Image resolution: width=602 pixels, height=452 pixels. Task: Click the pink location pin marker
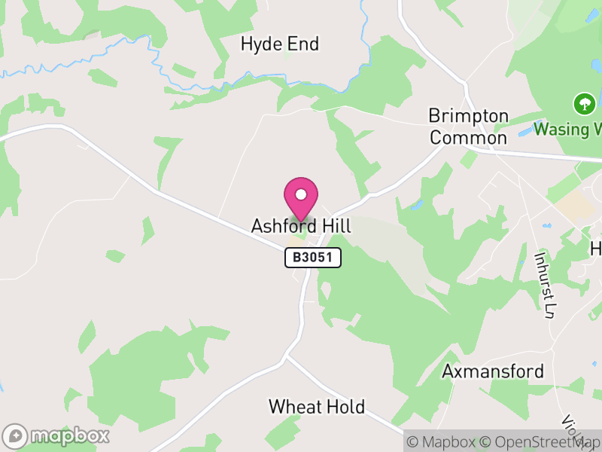tap(301, 198)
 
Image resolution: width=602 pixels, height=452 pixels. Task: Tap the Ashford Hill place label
tap(301, 226)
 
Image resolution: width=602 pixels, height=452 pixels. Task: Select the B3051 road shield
tap(313, 258)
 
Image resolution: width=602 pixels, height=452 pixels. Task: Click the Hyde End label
tap(280, 44)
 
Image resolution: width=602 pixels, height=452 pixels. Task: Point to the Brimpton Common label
tap(468, 127)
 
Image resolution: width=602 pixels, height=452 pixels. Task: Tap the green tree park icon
tap(583, 103)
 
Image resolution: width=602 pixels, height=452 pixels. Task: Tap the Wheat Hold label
tap(317, 407)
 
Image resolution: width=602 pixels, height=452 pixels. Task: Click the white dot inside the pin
tap(301, 194)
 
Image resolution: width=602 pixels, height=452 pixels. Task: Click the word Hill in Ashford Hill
tap(336, 226)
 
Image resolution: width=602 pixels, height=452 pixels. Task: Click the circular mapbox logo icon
tap(15, 435)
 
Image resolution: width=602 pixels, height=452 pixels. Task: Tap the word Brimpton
tap(468, 117)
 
